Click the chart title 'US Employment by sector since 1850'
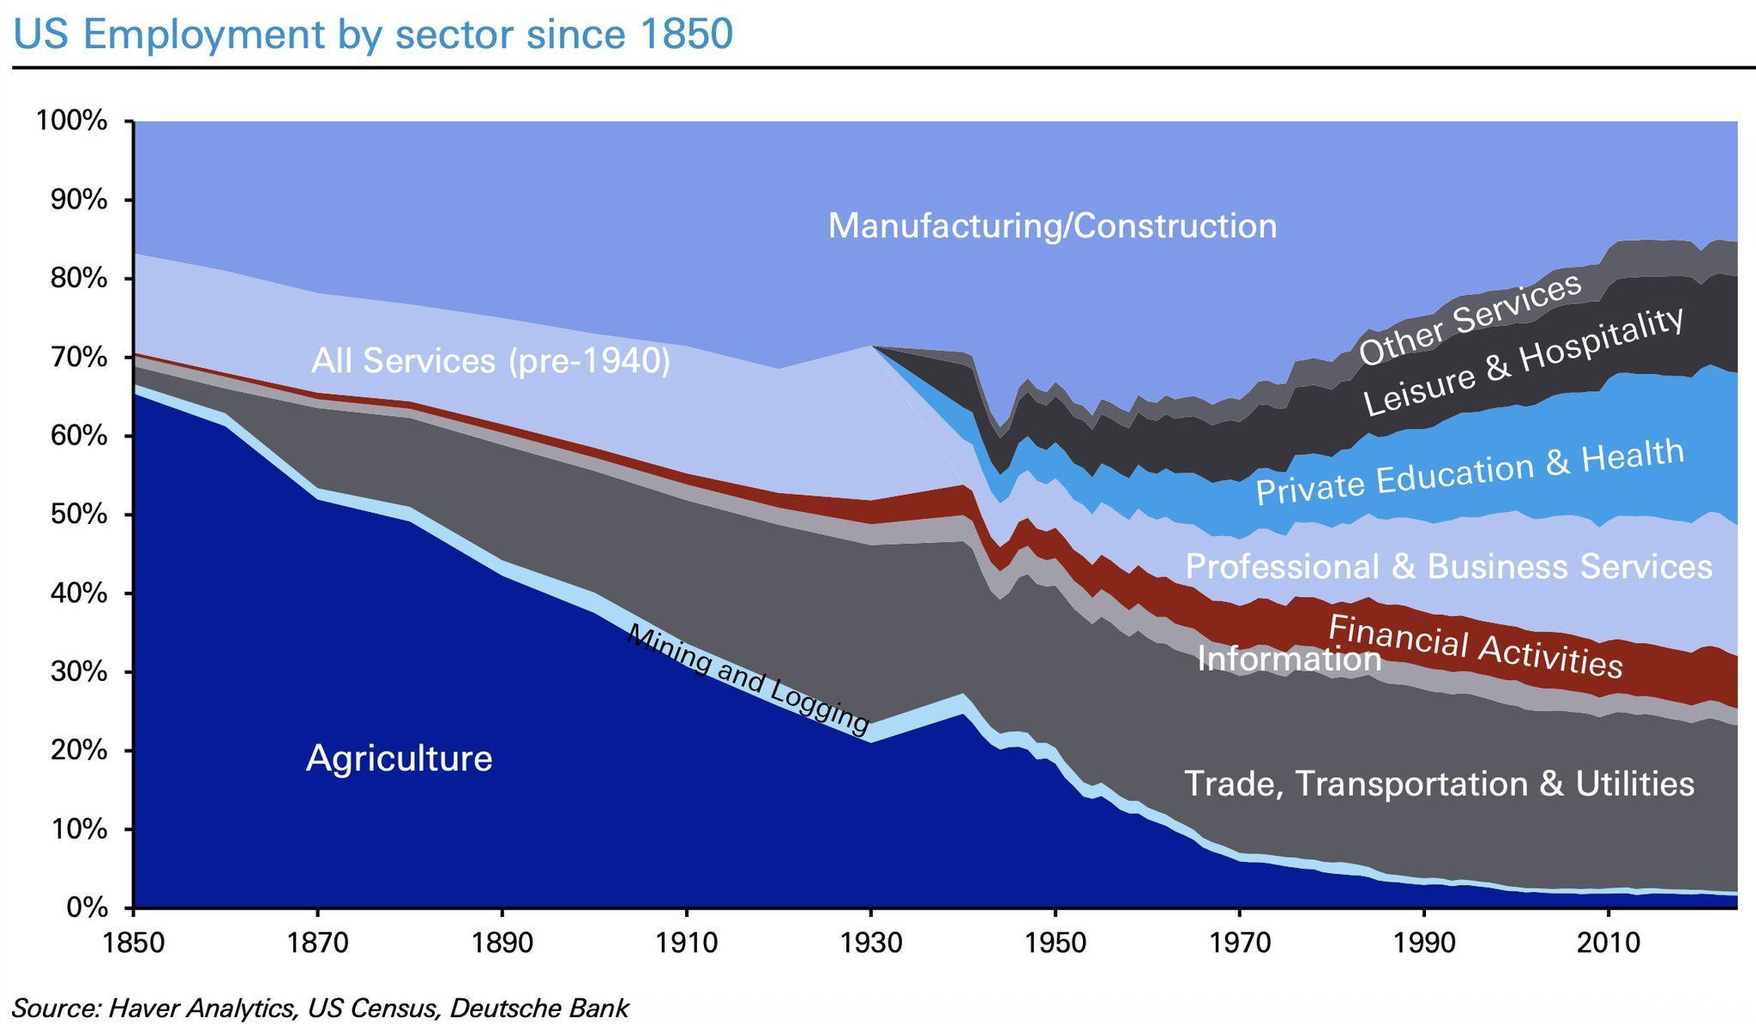point(373,34)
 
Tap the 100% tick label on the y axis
point(72,121)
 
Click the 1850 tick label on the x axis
point(134,943)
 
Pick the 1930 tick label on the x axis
point(871,943)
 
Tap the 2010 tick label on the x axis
point(1609,943)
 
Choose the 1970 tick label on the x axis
point(1240,943)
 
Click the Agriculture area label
point(399,758)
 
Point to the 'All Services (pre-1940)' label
point(490,361)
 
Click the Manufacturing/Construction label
point(1052,226)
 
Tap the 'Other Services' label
point(1470,318)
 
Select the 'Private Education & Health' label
point(1470,472)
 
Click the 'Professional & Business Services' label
point(1448,566)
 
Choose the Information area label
point(1289,659)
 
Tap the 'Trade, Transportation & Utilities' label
point(1439,783)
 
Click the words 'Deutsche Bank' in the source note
point(538,1008)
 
